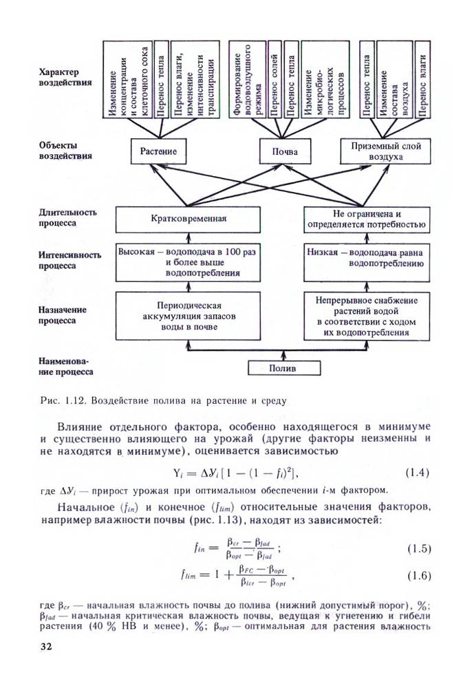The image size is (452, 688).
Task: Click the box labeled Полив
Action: (x=284, y=368)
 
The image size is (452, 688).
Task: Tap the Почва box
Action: (x=284, y=151)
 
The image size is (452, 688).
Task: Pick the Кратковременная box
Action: (x=188, y=219)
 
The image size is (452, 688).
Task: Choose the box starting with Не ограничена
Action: (x=368, y=219)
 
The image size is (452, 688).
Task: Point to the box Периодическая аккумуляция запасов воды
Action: (x=188, y=316)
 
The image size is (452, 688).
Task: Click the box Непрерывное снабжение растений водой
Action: (x=368, y=316)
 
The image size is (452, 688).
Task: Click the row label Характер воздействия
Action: (x=66, y=76)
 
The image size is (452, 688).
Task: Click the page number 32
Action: (x=47, y=646)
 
